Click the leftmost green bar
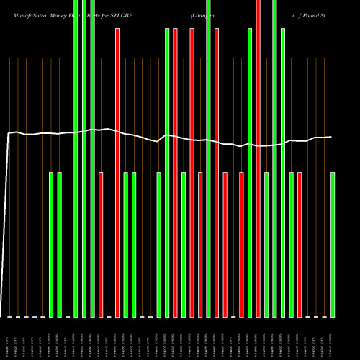pyautogui.click(x=51, y=245)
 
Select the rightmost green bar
pyautogui.click(x=333, y=245)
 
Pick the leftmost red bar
pyautogui.click(x=101, y=245)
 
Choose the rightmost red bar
pyautogui.click(x=300, y=245)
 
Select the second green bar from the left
pyautogui.click(x=59, y=245)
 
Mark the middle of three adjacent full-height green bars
pyautogui.click(x=84, y=158)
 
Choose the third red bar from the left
pyautogui.click(x=175, y=173)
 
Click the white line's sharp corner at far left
pyautogui.click(x=9, y=134)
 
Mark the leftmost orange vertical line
pyautogui.click(x=9, y=187)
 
